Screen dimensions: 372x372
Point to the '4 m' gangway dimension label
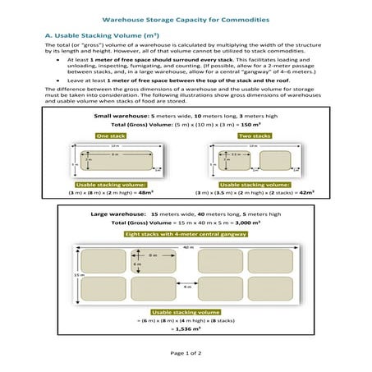[x=187, y=287]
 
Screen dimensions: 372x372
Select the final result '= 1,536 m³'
[x=186, y=328]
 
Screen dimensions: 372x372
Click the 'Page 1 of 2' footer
[x=186, y=352]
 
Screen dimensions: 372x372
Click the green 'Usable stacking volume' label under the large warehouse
[x=186, y=312]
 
